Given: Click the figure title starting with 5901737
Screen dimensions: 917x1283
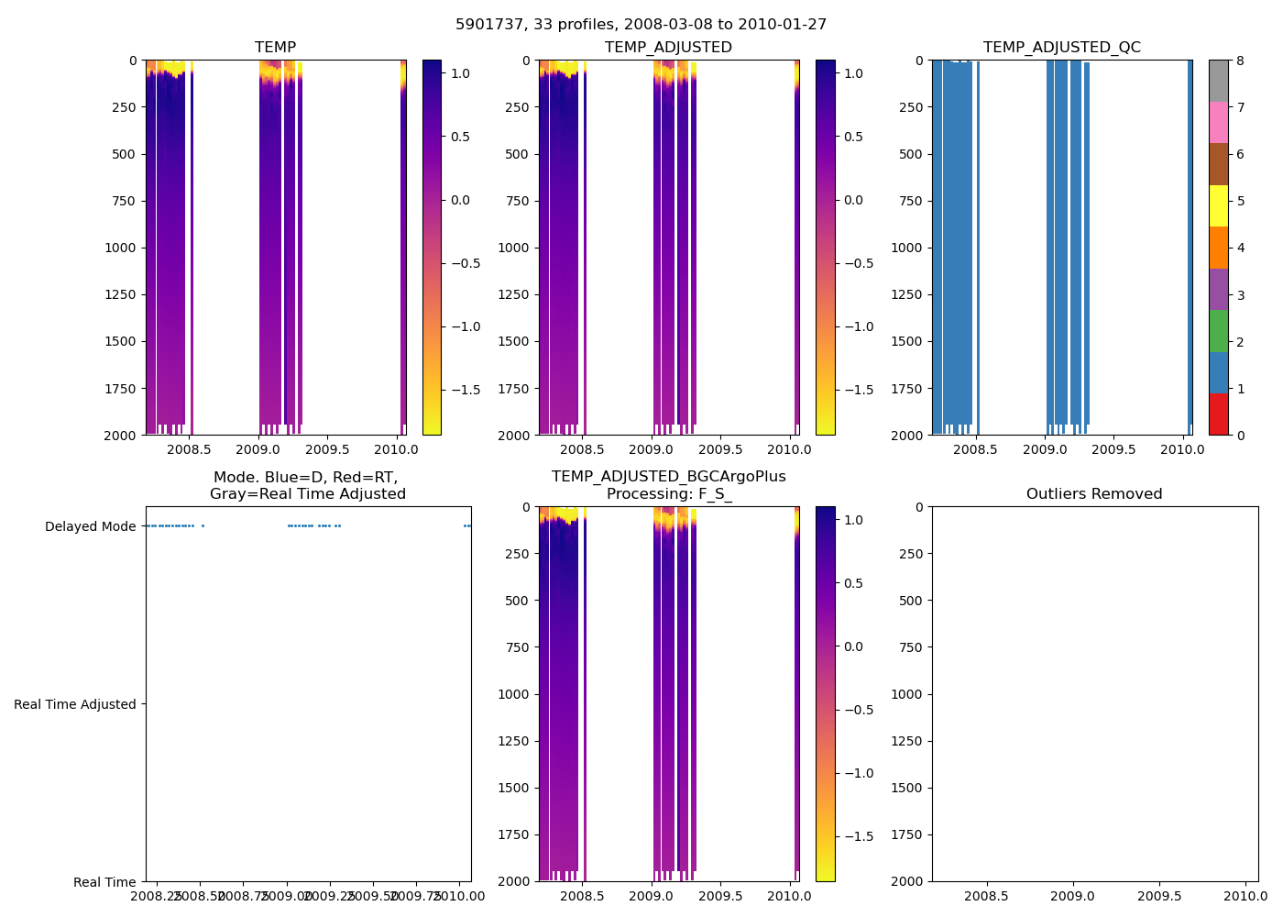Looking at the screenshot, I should pos(641,25).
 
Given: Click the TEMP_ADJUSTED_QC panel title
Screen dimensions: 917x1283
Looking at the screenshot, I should pos(1061,48).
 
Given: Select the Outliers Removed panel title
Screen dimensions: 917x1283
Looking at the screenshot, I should pos(1094,494).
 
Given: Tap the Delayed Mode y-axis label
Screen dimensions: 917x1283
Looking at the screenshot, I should pos(90,526).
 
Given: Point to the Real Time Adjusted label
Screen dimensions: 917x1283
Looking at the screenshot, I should pos(75,704).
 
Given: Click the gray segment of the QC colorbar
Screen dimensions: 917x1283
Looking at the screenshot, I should pos(1218,81).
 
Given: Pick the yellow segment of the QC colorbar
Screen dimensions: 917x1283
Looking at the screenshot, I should pos(1218,205).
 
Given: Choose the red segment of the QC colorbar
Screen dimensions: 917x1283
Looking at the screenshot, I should pos(1218,414).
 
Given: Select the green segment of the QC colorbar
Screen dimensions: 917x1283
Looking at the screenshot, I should pos(1218,331).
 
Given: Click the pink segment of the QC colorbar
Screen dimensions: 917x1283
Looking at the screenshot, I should pos(1218,122).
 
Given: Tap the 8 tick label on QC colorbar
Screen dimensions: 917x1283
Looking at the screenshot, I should pos(1240,61).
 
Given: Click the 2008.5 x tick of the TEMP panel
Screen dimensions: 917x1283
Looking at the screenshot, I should pos(189,450).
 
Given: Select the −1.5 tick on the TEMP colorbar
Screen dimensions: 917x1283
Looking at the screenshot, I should pos(466,390).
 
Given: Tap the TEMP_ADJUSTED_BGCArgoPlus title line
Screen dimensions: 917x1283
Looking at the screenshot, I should pos(668,477).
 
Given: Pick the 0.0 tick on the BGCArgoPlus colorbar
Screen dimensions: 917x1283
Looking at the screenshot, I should pos(853,646).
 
